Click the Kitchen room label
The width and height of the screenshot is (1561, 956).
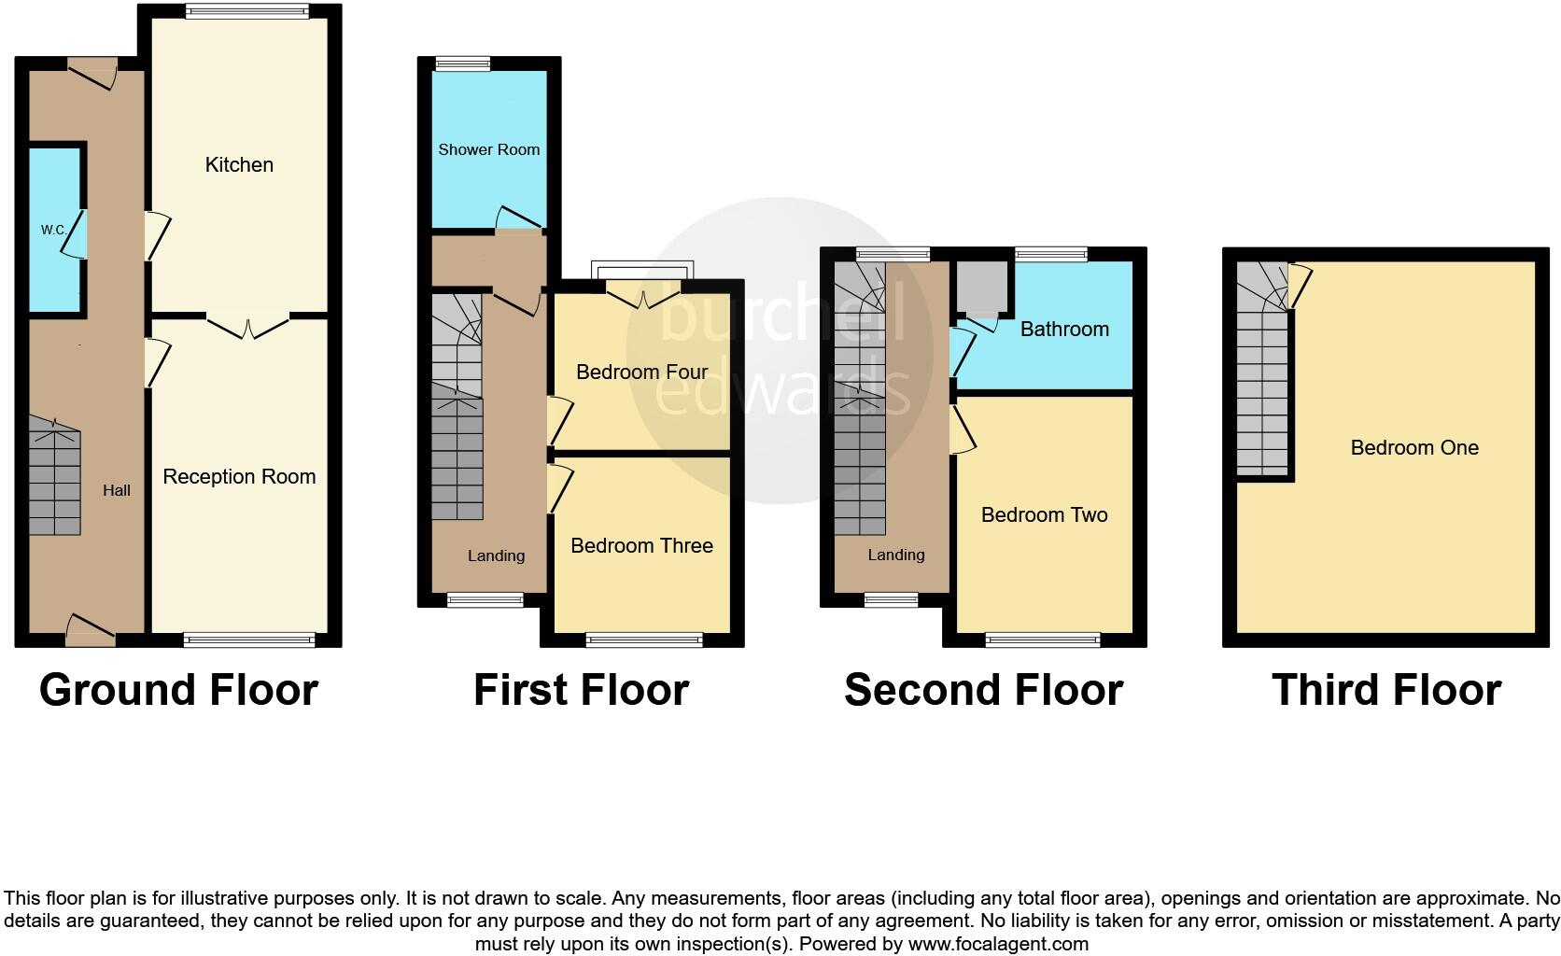pyautogui.click(x=239, y=165)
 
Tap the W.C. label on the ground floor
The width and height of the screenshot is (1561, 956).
pyautogui.click(x=52, y=230)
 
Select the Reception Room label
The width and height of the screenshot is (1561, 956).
pyautogui.click(x=239, y=477)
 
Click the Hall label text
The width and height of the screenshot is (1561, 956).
pyautogui.click(x=117, y=490)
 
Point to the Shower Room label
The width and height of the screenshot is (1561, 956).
pyautogui.click(x=488, y=149)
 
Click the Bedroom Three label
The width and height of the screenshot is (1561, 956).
pyautogui.click(x=641, y=546)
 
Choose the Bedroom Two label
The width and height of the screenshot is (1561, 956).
pyautogui.click(x=1044, y=515)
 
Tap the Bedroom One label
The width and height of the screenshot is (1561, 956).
pyautogui.click(x=1413, y=448)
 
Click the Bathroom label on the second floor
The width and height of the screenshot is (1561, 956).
pyautogui.click(x=1064, y=330)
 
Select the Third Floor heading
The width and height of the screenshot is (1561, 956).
pyautogui.click(x=1385, y=691)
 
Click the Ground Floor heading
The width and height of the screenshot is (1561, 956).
pyautogui.click(x=178, y=691)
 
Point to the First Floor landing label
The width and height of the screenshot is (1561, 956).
pyautogui.click(x=496, y=556)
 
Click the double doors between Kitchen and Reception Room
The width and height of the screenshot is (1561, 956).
pyautogui.click(x=247, y=327)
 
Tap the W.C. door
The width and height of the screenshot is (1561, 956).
pyautogui.click(x=75, y=233)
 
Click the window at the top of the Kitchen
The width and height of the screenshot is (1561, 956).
pyautogui.click(x=246, y=12)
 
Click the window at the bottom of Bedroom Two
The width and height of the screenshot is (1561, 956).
pyautogui.click(x=1043, y=640)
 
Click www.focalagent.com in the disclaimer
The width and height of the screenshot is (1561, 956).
pyautogui.click(x=998, y=944)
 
